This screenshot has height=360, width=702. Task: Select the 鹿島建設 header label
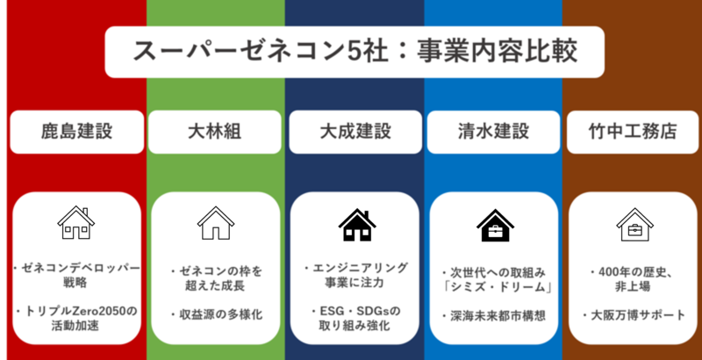76,132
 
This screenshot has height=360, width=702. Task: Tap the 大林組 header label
215,132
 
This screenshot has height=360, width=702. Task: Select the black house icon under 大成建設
355,225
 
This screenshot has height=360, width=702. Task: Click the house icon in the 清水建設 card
495,225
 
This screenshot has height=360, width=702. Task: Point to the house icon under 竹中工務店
633,225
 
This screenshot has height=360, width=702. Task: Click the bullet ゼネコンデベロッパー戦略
77,276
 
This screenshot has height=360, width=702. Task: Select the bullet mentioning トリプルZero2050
77,318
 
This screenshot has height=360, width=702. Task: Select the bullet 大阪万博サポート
633,314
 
